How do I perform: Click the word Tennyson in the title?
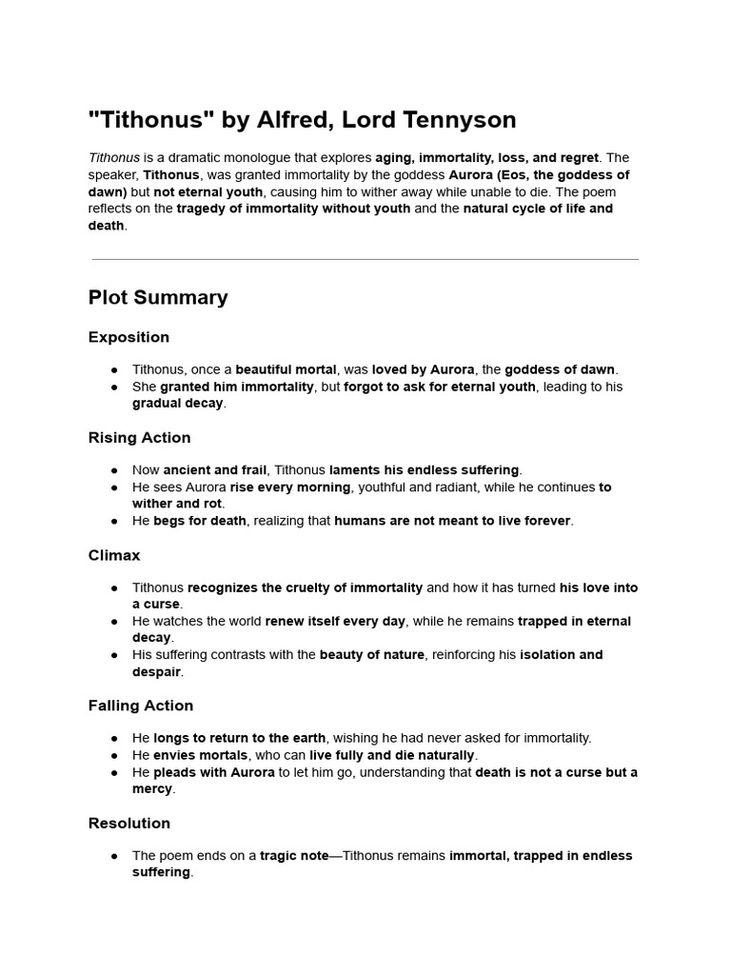pos(457,120)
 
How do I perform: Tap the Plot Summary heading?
pos(158,297)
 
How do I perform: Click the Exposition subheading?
pos(128,337)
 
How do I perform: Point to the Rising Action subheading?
pos(139,438)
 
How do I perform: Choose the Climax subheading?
pos(114,555)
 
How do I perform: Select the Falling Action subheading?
pos(141,706)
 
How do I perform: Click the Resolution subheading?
pos(129,824)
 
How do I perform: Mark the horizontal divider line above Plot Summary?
pos(365,259)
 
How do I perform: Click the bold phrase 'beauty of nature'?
pos(371,655)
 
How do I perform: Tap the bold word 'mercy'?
pos(153,789)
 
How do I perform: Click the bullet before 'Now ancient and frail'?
pos(114,470)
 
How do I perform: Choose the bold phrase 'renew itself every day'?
pos(335,622)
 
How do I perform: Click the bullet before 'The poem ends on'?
pos(114,856)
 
